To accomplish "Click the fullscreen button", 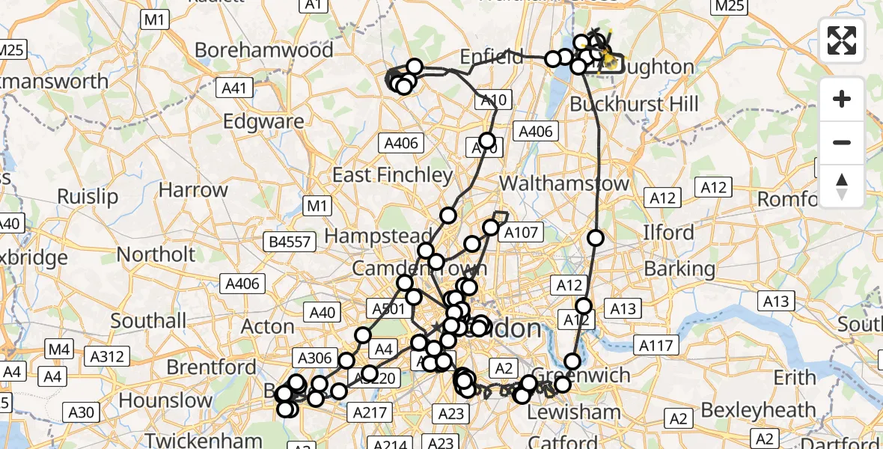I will pos(842,40).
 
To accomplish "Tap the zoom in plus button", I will pos(842,100).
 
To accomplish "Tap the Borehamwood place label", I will pos(264,50).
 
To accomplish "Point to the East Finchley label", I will pos(393,175).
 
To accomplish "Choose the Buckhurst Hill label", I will pos(623,104).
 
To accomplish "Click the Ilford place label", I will pos(668,233).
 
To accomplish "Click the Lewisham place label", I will pos(574,412).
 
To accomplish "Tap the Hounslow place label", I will pos(166,400).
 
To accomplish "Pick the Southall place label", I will pos(148,321).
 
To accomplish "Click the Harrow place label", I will pos(193,190).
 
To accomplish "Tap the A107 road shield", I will pos(522,233).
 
